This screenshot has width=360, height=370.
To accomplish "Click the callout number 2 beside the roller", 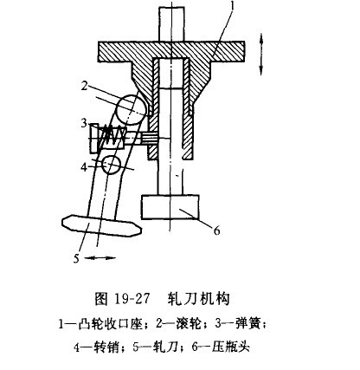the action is (x=84, y=86).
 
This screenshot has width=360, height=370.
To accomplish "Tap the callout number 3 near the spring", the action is (x=84, y=123).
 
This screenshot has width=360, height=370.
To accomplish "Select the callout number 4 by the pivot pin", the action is (x=84, y=166).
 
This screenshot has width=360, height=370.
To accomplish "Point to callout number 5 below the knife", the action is (x=76, y=258).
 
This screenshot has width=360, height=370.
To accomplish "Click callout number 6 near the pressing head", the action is (x=217, y=230).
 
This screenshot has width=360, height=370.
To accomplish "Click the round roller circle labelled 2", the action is (x=131, y=110).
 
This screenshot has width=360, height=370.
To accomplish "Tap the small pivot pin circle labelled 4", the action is (x=112, y=165).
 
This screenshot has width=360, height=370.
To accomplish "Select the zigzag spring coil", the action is (x=112, y=136).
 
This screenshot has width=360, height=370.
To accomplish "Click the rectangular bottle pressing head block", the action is (x=170, y=207).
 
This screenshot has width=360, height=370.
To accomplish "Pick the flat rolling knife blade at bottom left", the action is (x=102, y=225).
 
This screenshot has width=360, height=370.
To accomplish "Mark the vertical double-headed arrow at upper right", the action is (x=260, y=54).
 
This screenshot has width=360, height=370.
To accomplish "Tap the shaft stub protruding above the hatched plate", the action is (x=171, y=24).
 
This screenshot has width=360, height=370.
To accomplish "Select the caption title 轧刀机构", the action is (x=199, y=299).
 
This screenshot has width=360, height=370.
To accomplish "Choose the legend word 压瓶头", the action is (x=230, y=347).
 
